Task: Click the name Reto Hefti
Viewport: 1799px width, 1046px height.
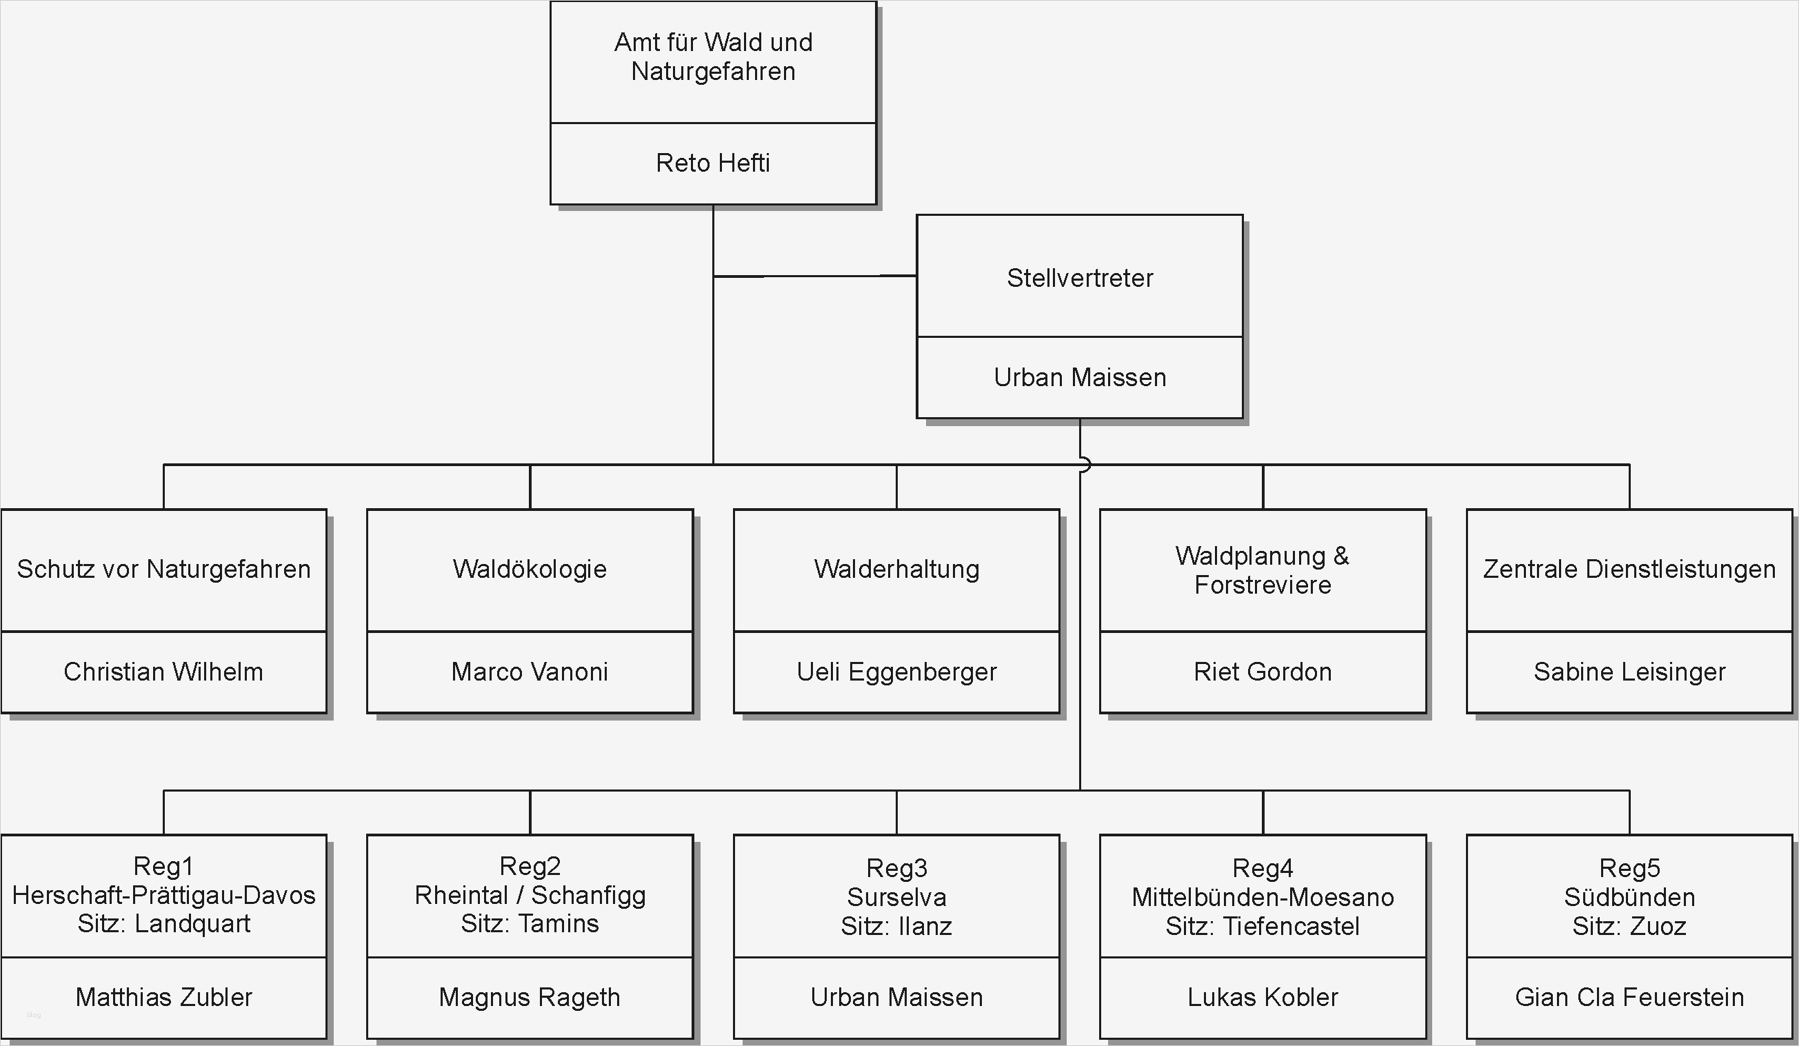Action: pos(712,163)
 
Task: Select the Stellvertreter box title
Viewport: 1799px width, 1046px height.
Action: pos(1079,278)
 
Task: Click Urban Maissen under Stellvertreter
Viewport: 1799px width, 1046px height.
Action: pos(1079,377)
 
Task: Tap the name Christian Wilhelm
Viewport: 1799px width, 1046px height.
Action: pos(163,671)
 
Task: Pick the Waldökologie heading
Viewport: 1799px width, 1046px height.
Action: pos(530,569)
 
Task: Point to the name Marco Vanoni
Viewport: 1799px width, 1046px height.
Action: pos(530,671)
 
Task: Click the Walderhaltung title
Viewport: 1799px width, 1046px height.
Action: pos(896,569)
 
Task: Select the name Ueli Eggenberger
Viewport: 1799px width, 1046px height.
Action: pos(896,671)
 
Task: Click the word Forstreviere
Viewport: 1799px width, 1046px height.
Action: pos(1262,585)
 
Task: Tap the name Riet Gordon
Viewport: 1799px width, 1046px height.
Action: pos(1262,671)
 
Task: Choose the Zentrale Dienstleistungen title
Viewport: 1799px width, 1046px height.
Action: pos(1629,569)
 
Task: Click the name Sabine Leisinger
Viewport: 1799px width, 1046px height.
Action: pos(1629,671)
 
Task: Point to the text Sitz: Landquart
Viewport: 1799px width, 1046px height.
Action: pos(163,923)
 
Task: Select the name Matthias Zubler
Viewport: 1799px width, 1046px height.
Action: pos(163,997)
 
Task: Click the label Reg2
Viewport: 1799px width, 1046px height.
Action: pos(530,866)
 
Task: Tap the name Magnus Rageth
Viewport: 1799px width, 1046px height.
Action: pos(530,997)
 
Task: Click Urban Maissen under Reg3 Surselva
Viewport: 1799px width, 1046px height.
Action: pos(896,997)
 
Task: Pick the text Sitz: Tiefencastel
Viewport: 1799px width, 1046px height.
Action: pos(1262,926)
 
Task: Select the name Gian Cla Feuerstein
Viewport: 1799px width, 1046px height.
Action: pos(1629,997)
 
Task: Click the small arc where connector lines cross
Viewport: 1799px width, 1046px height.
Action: pos(1084,465)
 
